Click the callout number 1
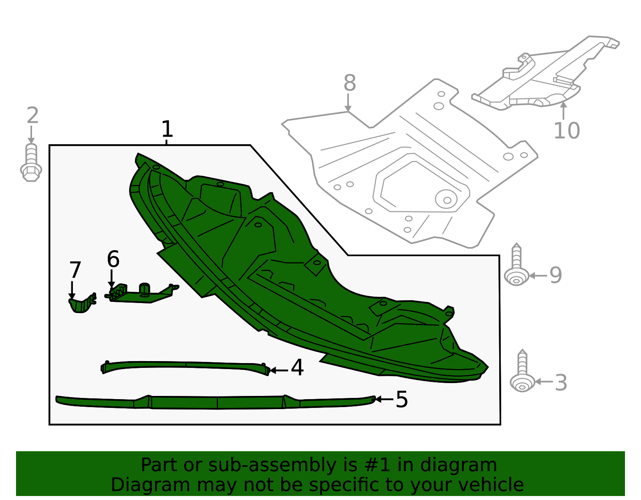pyautogui.click(x=167, y=129)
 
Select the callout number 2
pyautogui.click(x=32, y=115)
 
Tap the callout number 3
pyautogui.click(x=561, y=383)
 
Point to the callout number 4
pyautogui.click(x=297, y=367)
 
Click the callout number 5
pyautogui.click(x=401, y=399)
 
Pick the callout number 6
pyautogui.click(x=113, y=259)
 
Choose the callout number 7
pyautogui.click(x=75, y=270)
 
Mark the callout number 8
pyautogui.click(x=350, y=83)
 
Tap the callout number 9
pyautogui.click(x=555, y=275)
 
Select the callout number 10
pyautogui.click(x=566, y=131)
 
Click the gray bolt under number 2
pyautogui.click(x=31, y=163)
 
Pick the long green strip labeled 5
pyautogui.click(x=216, y=402)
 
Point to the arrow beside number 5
pyautogui.click(x=384, y=399)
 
